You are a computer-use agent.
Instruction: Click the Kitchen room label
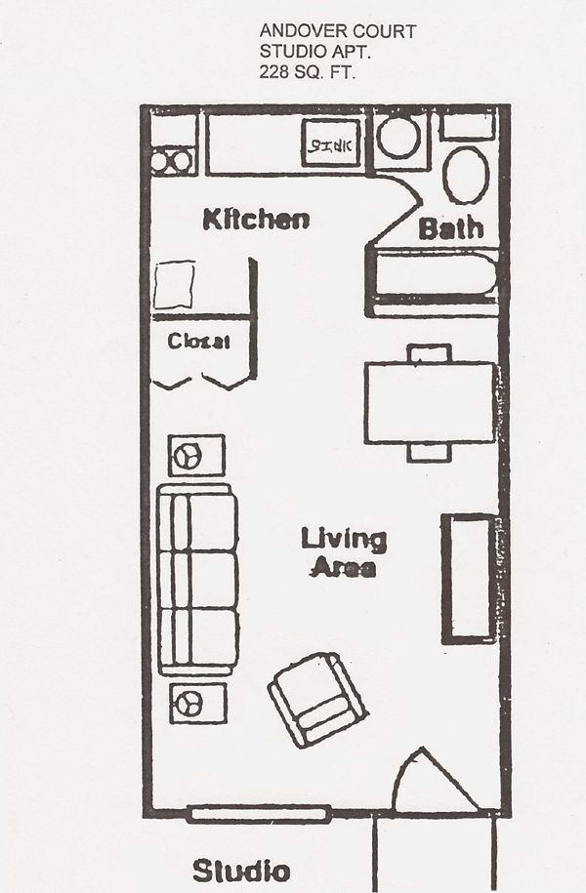tap(256, 220)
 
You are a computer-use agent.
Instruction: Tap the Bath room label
tap(450, 229)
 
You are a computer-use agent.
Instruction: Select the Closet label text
tap(198, 342)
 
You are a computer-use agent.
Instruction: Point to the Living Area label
tap(343, 552)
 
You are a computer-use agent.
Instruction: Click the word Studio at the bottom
tap(240, 871)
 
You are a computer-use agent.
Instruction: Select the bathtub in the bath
tap(436, 277)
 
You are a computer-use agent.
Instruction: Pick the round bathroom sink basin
tap(398, 138)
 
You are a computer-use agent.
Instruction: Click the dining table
tap(431, 402)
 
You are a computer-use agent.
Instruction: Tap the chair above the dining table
tap(430, 352)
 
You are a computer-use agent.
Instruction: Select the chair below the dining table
tap(430, 452)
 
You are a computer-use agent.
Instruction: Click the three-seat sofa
tap(198, 579)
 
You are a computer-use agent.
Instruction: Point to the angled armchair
tap(316, 699)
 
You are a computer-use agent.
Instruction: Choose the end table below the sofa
tap(197, 703)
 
